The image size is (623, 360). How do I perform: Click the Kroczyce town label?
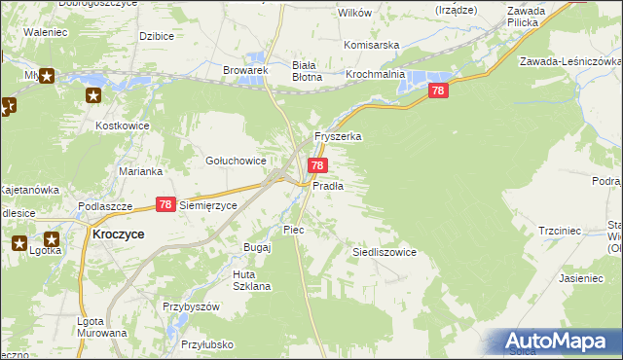pos(118,234)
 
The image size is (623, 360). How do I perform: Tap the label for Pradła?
pos(328,185)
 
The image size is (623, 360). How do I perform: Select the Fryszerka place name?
pos(338,137)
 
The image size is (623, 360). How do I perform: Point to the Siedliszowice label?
pos(384,252)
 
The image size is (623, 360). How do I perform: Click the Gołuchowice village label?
pos(235,161)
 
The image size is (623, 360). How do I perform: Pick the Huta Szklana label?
pos(250,280)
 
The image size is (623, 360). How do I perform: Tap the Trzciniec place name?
pos(560,231)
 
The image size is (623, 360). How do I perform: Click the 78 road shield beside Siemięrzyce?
pos(165,204)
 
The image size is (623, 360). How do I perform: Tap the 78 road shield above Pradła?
pos(317,166)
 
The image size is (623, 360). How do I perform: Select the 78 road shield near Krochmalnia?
pos(438,90)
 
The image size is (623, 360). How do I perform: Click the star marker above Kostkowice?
pos(93,95)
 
